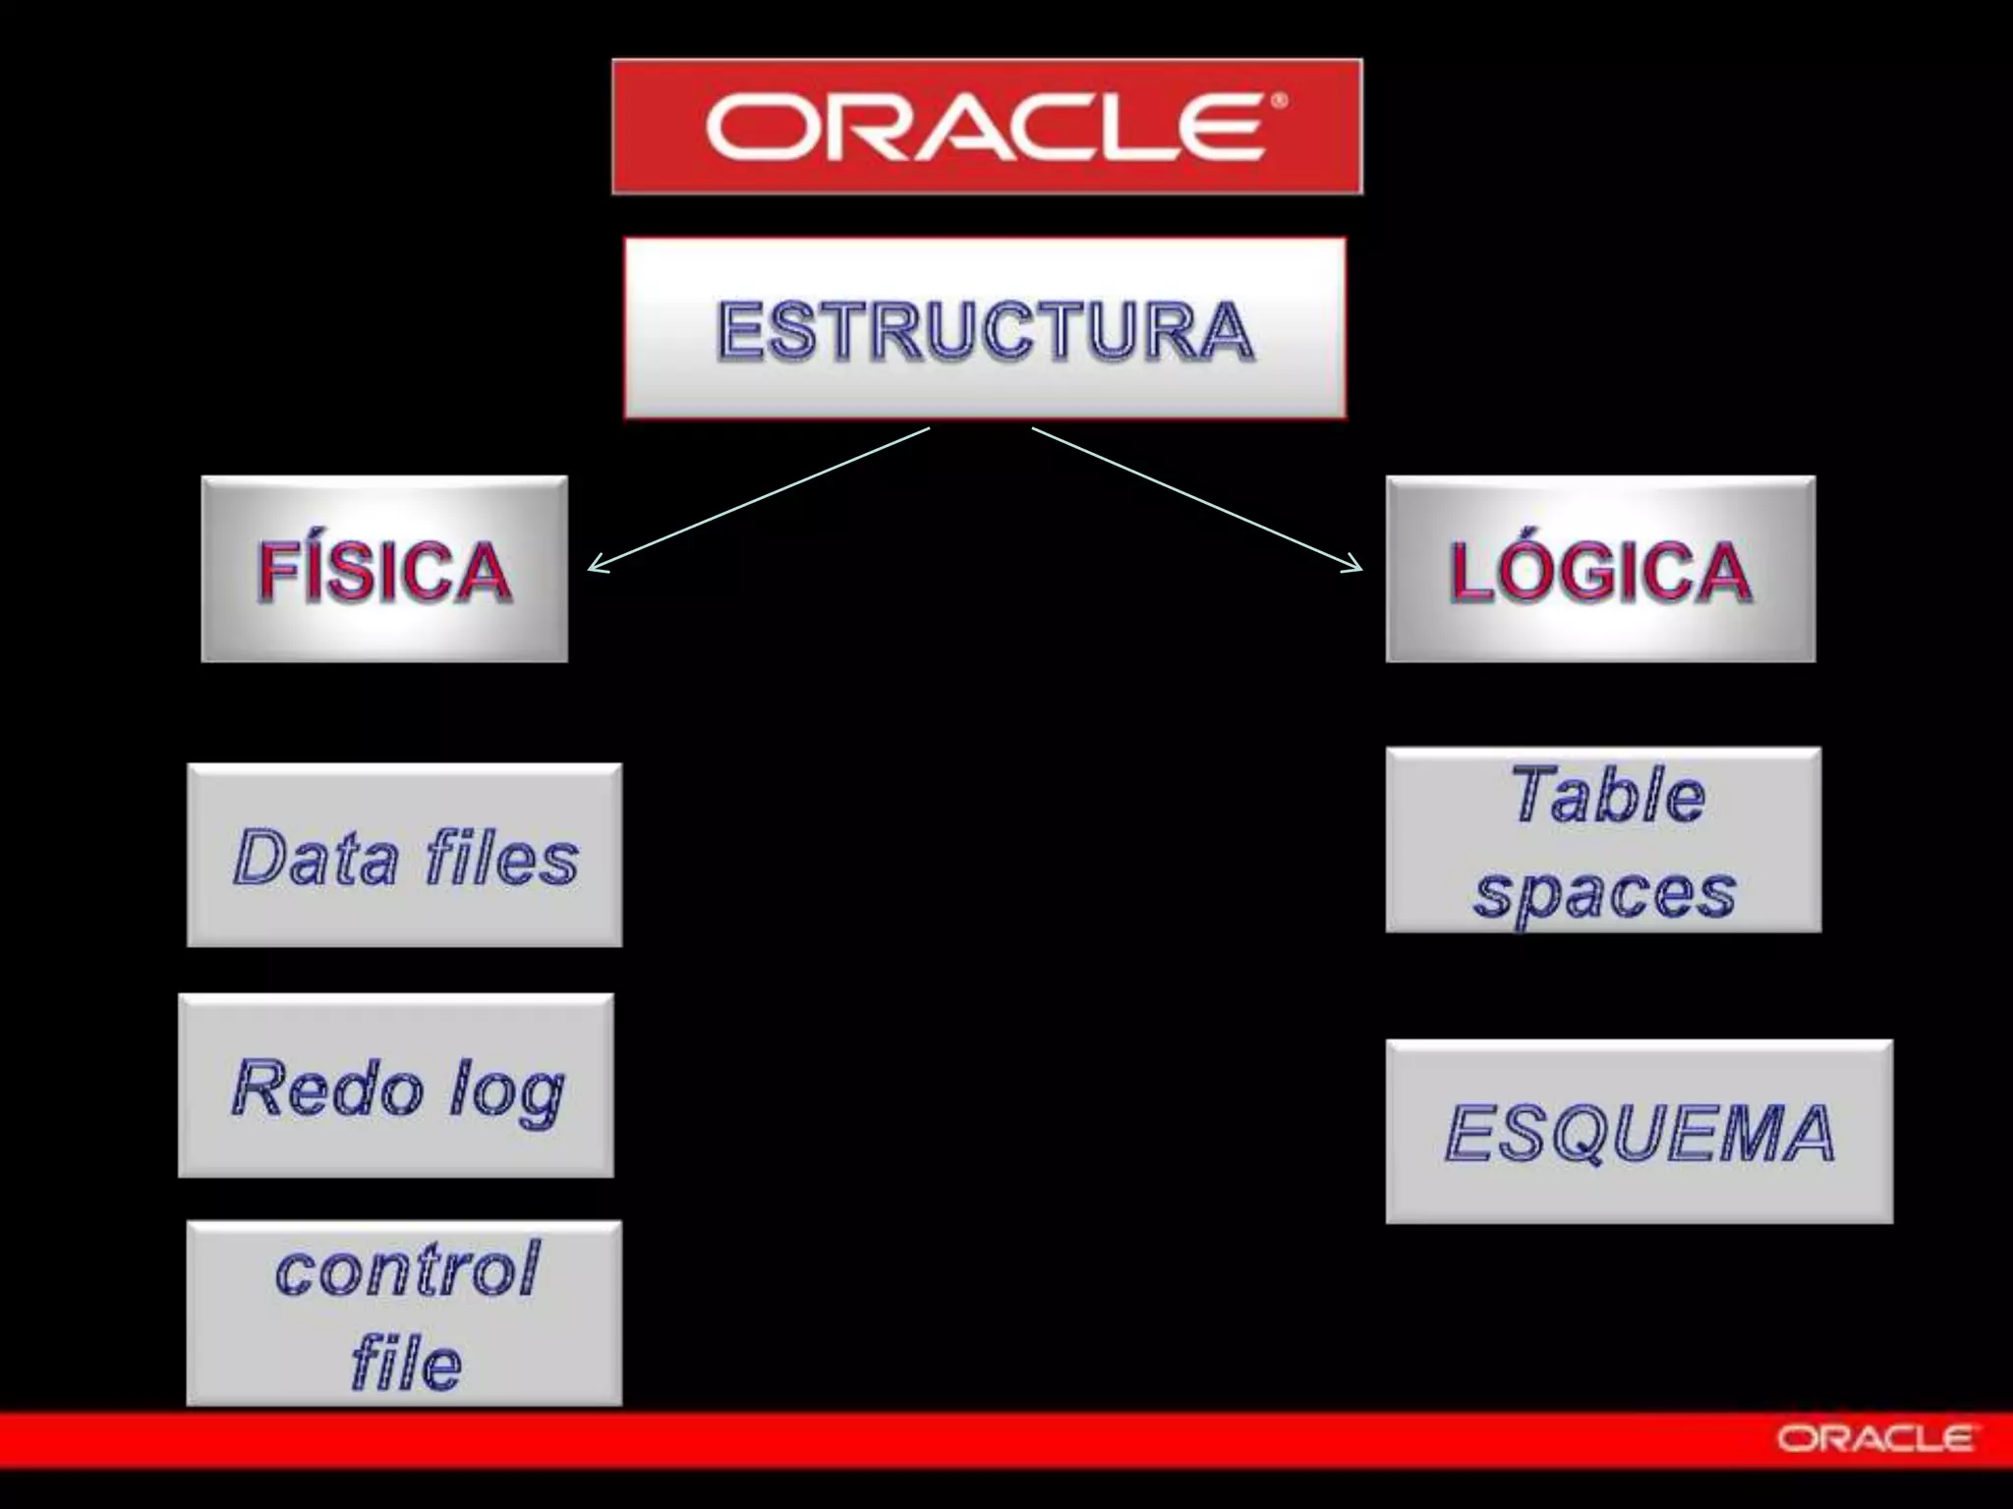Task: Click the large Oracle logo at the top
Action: click(x=987, y=127)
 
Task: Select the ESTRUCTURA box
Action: click(x=985, y=328)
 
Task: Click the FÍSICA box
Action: click(x=384, y=570)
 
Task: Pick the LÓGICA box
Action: click(x=1600, y=570)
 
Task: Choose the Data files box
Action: click(x=404, y=856)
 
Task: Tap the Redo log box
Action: click(x=396, y=1086)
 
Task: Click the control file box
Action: click(x=404, y=1313)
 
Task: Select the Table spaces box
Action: click(x=1603, y=841)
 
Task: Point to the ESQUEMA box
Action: click(x=1639, y=1132)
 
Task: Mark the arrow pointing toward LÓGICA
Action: click(x=1197, y=498)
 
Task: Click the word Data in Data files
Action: click(x=316, y=857)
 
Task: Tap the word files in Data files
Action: click(x=501, y=857)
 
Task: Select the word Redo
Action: click(x=327, y=1088)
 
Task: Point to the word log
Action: click(x=507, y=1092)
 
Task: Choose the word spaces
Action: click(x=1604, y=894)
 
